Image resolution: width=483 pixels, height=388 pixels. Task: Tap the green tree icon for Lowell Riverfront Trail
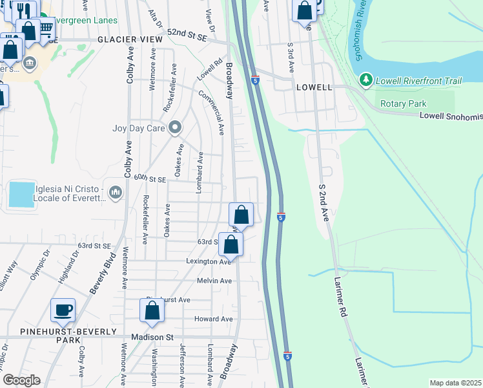tap(366, 80)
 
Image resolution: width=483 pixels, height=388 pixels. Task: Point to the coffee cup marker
tap(63, 310)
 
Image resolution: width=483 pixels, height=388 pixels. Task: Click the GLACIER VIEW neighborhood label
tap(130, 39)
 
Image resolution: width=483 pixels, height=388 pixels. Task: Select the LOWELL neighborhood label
tap(314, 87)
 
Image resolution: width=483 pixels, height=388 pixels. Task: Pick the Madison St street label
tap(152, 337)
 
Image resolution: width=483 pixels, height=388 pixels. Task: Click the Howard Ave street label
tap(213, 319)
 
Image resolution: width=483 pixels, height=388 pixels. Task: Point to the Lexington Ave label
tap(209, 261)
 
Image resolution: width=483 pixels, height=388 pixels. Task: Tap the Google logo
tap(21, 380)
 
